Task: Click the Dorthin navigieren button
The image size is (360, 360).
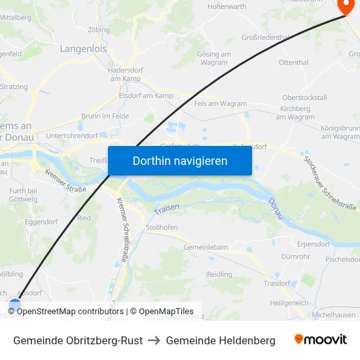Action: [180, 160]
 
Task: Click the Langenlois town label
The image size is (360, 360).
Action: [83, 48]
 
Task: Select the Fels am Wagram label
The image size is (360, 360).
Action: [221, 103]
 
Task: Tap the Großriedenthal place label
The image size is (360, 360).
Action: [265, 38]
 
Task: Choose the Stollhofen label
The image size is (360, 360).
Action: [162, 227]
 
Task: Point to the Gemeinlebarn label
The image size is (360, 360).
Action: [206, 247]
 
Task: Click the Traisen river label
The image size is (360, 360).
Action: [166, 209]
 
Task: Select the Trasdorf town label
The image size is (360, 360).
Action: [276, 283]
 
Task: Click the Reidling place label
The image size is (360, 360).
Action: [219, 274]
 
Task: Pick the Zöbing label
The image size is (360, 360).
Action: [98, 29]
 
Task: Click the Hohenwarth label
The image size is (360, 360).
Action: [226, 7]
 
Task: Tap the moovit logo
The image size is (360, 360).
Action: [320, 340]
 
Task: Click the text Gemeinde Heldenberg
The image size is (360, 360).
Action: [221, 340]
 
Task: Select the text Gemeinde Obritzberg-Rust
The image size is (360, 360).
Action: [78, 340]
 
